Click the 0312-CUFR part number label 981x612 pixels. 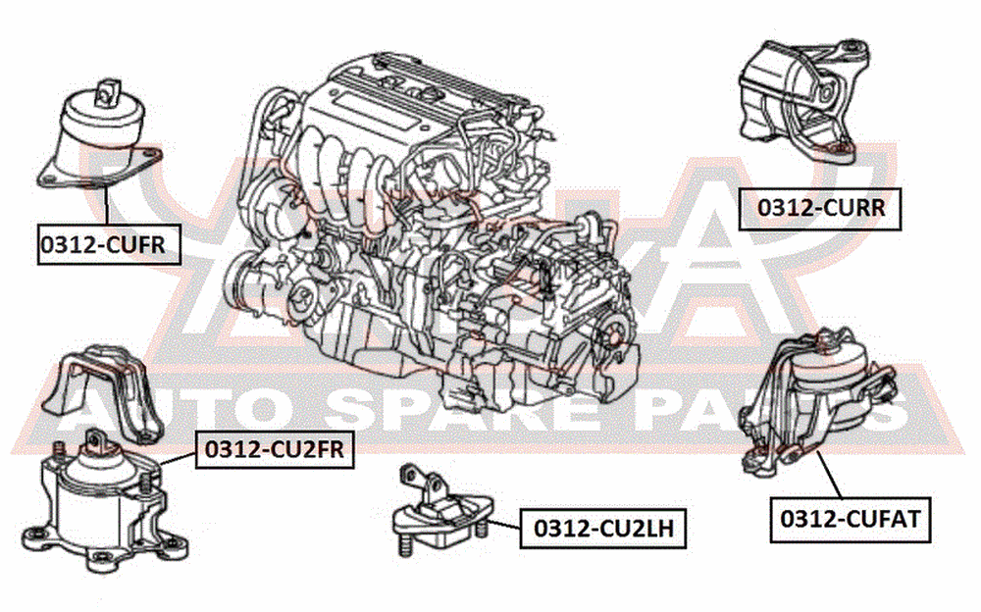click(x=109, y=244)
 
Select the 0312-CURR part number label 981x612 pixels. click(x=820, y=208)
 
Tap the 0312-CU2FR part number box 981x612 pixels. click(x=276, y=449)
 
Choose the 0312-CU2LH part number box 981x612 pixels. click(x=603, y=529)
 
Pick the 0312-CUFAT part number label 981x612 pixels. click(x=851, y=520)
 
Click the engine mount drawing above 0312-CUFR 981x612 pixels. click(x=100, y=134)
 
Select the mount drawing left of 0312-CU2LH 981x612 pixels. click(x=441, y=510)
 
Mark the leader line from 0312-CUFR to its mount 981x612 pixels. click(x=106, y=205)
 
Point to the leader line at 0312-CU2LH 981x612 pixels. click(x=503, y=525)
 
